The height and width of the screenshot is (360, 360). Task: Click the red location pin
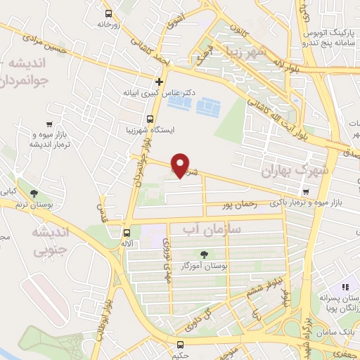[181, 165]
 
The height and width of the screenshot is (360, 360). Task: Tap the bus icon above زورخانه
[108, 13]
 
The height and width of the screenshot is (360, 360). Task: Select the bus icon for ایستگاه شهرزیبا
[150, 118]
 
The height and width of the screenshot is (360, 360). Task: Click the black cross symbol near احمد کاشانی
[160, 82]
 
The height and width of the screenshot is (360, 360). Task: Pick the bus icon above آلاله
[127, 233]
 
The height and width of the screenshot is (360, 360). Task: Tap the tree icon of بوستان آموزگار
[204, 255]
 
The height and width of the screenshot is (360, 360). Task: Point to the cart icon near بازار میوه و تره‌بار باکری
[305, 192]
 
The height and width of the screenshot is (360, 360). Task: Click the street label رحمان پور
[236, 205]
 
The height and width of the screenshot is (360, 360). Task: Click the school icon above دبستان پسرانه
[345, 287]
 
